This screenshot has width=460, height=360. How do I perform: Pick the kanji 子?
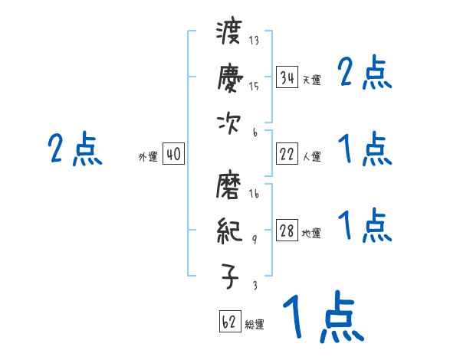[x=229, y=276]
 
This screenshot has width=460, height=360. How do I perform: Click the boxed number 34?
[x=287, y=77]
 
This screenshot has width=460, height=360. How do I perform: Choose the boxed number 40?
[x=173, y=155]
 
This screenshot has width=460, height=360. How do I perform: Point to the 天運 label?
[x=311, y=80]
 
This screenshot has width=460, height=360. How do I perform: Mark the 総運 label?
[x=255, y=325]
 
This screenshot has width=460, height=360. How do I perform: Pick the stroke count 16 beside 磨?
[x=255, y=195]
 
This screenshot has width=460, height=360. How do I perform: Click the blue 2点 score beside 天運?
[x=365, y=74]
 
